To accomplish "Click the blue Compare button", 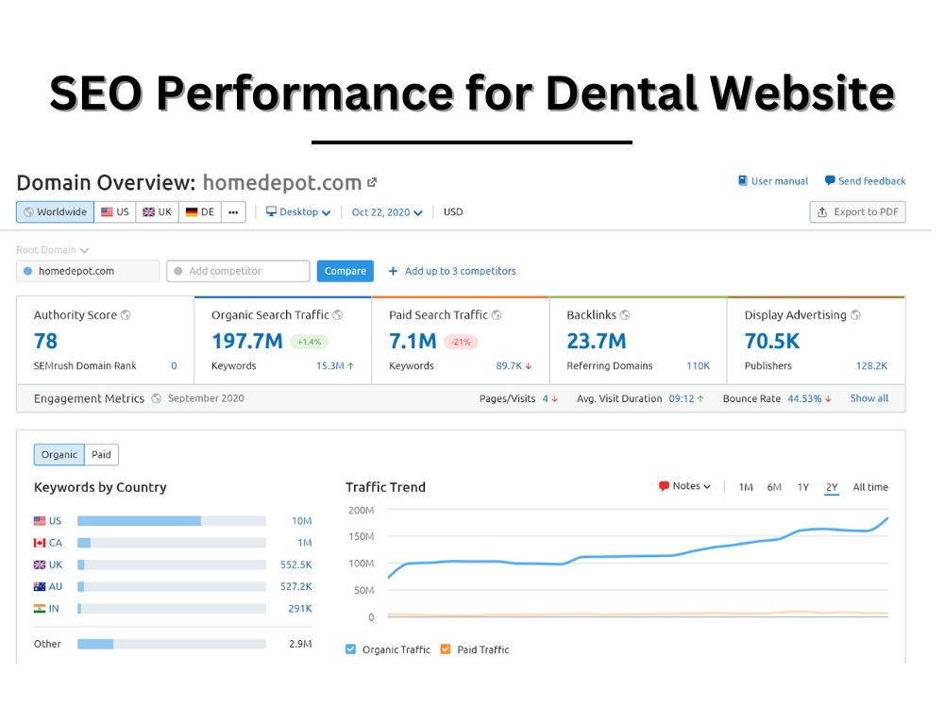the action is tap(345, 271).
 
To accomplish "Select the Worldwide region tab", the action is tap(55, 211).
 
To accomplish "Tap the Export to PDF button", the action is tap(857, 211).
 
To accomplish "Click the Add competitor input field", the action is tap(239, 271).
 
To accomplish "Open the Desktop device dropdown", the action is tap(298, 211).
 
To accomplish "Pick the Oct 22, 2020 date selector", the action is tap(387, 212).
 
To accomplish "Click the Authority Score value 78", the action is tap(45, 342).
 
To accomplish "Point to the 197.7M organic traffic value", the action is tap(246, 342).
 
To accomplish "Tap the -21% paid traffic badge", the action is tap(461, 342).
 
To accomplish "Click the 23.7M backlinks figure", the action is tap(597, 342).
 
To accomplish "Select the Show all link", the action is tap(868, 398).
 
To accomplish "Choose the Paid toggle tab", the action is tap(101, 455).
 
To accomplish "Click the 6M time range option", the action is tap(774, 487).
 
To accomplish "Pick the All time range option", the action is tap(870, 487).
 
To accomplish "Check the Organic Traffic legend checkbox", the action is tap(350, 649).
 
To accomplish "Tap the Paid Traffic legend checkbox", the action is tap(446, 649).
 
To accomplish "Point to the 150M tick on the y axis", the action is tap(362, 536).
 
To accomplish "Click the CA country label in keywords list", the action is tap(56, 543).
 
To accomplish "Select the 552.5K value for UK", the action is tap(296, 565).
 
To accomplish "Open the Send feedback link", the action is tap(865, 180).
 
